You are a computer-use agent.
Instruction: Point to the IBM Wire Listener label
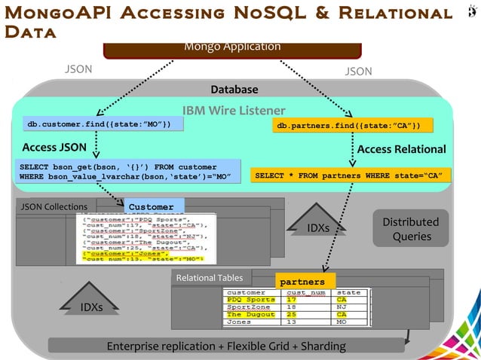pos(233,110)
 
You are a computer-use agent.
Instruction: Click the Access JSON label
pos(54,147)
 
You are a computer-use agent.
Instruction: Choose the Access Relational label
pos(401,149)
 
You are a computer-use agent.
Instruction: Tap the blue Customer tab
pos(151,206)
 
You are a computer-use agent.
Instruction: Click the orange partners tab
pos(302,281)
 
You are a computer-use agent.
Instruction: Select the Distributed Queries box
pos(411,229)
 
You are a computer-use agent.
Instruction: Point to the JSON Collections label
pos(54,206)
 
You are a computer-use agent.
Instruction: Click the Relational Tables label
pos(210,278)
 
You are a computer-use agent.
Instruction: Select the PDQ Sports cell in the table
pos(251,300)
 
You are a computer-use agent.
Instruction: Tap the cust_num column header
pos(305,292)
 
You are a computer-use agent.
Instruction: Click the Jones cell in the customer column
pos(240,322)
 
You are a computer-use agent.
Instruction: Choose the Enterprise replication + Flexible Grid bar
pos(226,346)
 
